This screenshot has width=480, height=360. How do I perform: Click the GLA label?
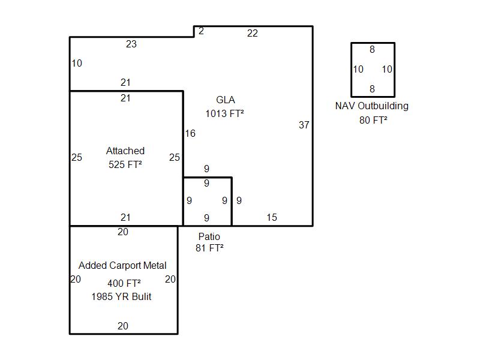tap(226, 100)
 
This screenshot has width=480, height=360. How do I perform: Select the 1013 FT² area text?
tap(225, 113)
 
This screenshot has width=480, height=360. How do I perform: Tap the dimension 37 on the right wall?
tap(304, 125)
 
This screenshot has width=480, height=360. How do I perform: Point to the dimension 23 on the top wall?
tap(131, 44)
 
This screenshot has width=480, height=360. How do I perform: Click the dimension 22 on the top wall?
tap(253, 34)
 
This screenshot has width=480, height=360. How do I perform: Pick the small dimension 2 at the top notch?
tap(201, 31)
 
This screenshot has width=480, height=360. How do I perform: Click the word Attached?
tap(125, 151)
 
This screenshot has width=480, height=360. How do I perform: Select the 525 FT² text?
tap(125, 164)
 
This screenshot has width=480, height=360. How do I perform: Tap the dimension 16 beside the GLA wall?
tap(190, 134)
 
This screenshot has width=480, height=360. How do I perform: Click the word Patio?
tap(209, 236)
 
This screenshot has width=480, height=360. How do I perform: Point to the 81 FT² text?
tap(209, 247)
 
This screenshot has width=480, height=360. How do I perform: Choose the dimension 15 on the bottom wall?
tap(272, 217)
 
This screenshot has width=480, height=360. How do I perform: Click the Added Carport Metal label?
tap(122, 265)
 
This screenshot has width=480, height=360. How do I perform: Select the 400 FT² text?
tap(124, 283)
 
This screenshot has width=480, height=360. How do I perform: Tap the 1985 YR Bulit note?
tap(122, 296)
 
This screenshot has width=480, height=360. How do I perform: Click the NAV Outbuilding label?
tap(372, 106)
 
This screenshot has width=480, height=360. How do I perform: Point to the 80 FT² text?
tap(372, 120)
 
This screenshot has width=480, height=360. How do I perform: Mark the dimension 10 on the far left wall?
tap(77, 64)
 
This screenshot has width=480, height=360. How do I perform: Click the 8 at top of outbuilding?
tap(372, 50)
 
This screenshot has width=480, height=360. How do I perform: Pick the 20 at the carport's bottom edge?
tap(122, 326)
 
